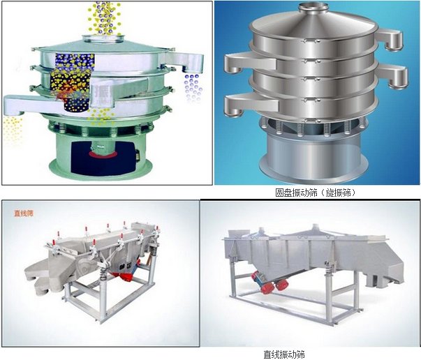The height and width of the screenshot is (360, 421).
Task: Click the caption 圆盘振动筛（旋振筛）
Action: pyautogui.click(x=316, y=193)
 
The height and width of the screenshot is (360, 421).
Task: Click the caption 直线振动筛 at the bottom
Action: pyautogui.click(x=284, y=354)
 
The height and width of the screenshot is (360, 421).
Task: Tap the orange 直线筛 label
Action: pyautogui.click(x=24, y=213)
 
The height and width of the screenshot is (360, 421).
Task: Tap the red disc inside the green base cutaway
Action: pyautogui.click(x=103, y=154)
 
